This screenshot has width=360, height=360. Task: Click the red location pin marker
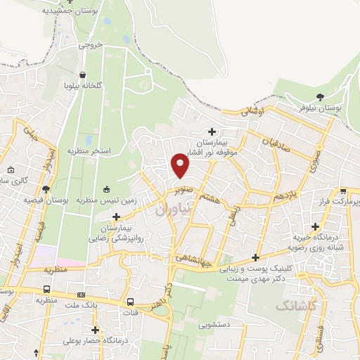180,166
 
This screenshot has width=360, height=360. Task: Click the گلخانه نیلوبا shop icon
84,74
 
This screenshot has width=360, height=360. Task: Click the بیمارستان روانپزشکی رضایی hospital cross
117,217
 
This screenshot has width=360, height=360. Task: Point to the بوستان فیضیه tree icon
46,188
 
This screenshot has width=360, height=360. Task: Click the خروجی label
90,44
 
